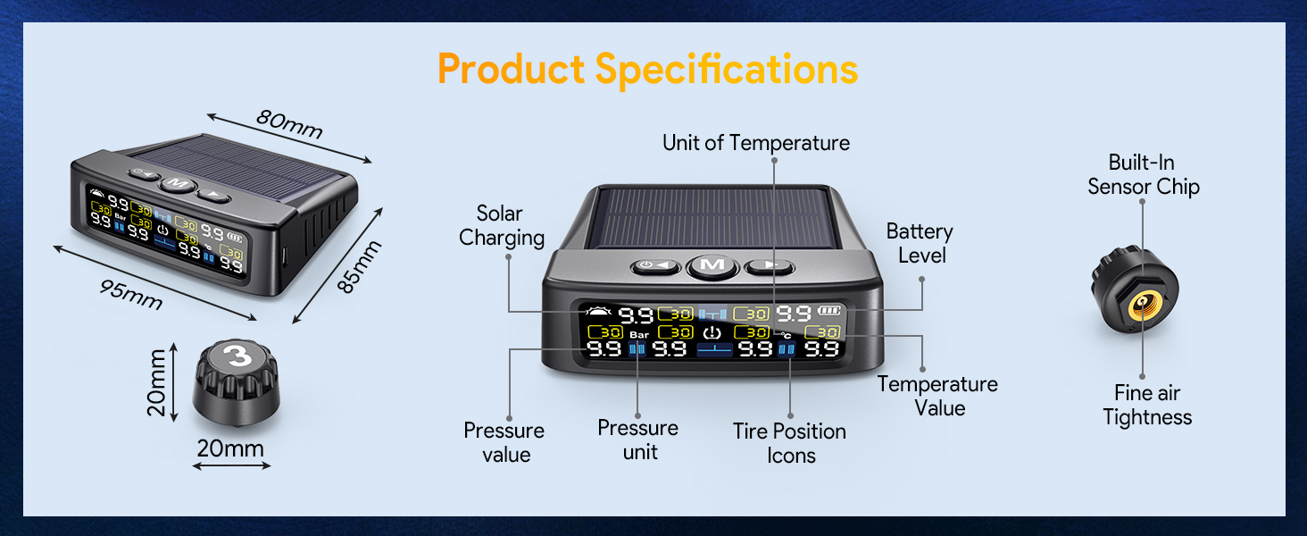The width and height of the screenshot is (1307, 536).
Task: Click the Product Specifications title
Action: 647,70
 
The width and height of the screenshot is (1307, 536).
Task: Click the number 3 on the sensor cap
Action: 237,356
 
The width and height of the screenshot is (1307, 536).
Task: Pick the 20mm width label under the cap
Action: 230,448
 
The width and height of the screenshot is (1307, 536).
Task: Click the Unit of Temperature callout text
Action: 755,143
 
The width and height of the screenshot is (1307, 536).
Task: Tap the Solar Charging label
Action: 501,225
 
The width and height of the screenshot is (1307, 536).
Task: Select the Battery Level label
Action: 920,243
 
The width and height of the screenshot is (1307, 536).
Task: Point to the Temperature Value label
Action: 937,396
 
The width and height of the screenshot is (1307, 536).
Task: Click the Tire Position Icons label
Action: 789,443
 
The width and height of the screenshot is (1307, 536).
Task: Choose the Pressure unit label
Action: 638,440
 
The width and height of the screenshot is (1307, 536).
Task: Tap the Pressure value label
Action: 504,442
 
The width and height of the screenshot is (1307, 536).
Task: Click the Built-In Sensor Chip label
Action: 1143,174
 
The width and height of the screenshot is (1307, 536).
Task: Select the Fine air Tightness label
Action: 1147,405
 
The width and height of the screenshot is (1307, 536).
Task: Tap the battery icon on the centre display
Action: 830,312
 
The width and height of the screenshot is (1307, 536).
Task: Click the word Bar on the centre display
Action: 639,335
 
